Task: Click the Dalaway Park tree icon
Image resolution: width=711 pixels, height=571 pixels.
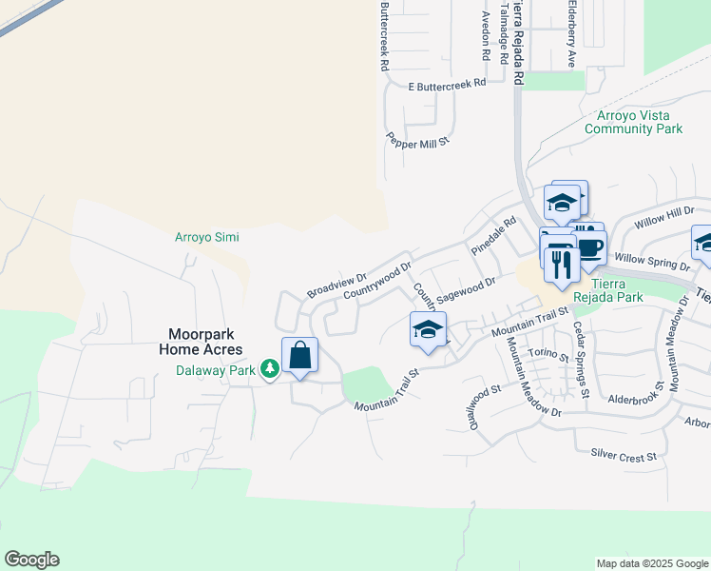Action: pos(270,367)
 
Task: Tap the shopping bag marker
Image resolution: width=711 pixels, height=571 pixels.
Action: pos(299,356)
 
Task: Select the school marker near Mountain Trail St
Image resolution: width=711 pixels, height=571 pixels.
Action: pos(429,330)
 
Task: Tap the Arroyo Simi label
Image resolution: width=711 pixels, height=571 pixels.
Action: pos(207,237)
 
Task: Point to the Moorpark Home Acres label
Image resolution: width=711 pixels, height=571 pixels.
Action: pos(205,342)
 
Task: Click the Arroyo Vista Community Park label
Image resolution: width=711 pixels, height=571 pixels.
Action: pos(634,121)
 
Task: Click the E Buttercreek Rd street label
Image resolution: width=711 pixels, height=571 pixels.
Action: pos(447,85)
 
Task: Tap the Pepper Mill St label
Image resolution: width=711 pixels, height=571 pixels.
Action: pos(416,138)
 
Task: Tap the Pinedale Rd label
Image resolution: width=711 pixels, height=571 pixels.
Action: pos(493,235)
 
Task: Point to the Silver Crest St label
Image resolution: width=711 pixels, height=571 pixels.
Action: pos(624,457)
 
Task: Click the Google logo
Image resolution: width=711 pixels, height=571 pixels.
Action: pos(31,560)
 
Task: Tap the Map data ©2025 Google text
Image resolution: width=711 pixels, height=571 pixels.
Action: pos(651,563)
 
